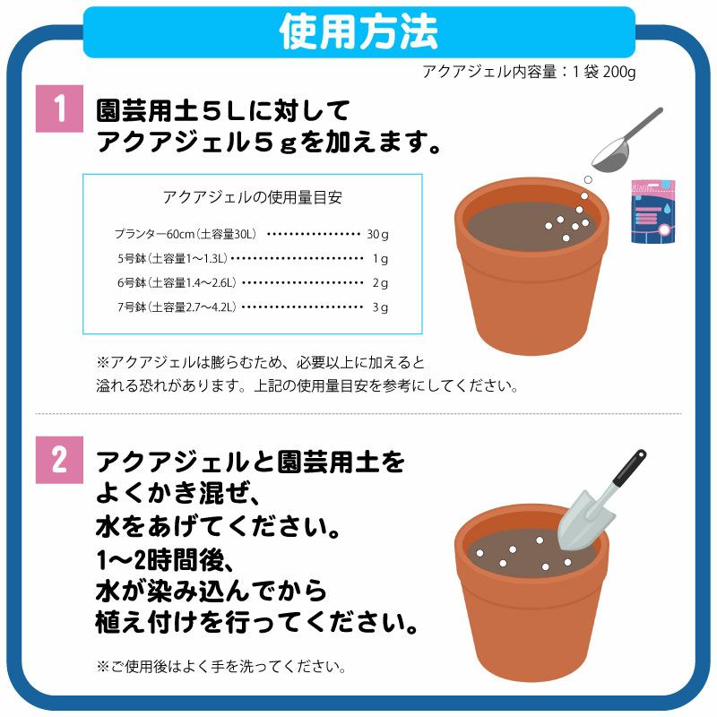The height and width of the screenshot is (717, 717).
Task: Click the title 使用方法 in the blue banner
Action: pos(358,32)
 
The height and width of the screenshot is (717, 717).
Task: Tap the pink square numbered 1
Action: pos(59,108)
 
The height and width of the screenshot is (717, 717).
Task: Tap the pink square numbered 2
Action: pos(59,460)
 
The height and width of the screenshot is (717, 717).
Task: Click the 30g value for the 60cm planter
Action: pos(377,235)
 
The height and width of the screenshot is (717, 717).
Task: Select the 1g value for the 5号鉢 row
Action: pos(380,259)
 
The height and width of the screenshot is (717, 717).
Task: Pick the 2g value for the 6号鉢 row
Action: pos(380,283)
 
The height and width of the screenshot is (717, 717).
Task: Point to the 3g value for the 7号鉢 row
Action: pos(380,307)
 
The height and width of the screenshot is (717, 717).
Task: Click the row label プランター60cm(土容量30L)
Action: pos(186,234)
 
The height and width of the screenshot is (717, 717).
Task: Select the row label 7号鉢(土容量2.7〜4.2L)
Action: pos(177,307)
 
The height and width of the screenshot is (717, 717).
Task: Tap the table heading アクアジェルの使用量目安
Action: pos(253,197)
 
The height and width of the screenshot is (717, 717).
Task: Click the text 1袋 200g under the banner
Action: pos(604,72)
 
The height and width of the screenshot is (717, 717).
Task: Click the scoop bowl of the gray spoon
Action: pos(610,159)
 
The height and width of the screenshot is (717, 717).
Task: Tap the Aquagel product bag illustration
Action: pos(653,212)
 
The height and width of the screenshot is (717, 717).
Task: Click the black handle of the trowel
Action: pos(629,469)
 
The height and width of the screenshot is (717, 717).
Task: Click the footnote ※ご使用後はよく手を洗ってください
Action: pos(221,666)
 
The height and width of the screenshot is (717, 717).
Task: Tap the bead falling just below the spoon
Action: pos(589,180)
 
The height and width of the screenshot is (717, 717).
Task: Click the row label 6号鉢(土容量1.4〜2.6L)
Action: pos(177,282)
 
